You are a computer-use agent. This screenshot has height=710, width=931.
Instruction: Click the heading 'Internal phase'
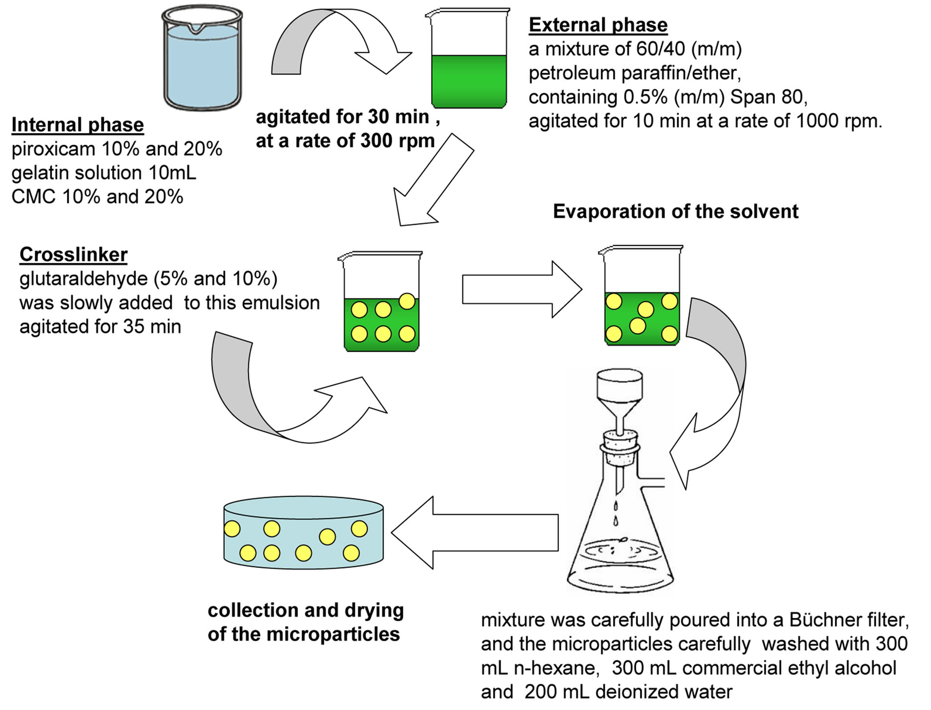coord(78,125)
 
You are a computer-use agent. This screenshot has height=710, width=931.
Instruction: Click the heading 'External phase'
coord(598,25)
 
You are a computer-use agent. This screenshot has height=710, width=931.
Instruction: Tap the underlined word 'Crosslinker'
coord(73,255)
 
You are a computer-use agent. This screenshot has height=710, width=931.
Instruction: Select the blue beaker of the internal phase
coord(202,61)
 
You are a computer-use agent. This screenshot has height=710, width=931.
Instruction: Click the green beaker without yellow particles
coord(469,61)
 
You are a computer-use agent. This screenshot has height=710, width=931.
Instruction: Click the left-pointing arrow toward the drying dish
coord(473,532)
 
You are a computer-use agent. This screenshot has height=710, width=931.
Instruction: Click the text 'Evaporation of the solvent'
coord(675,212)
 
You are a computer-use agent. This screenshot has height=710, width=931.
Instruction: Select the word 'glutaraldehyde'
coord(83,279)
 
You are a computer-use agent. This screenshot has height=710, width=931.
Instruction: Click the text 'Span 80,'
coord(769,97)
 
